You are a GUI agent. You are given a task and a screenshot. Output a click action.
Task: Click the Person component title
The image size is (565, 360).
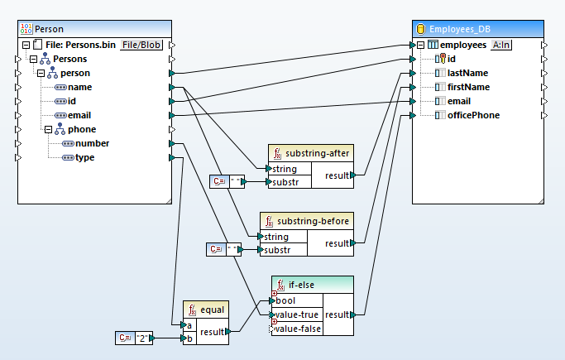point(50,29)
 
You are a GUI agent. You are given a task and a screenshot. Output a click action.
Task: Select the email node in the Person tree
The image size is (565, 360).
point(80,115)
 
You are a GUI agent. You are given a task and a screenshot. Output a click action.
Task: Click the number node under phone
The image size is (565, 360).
point(91,143)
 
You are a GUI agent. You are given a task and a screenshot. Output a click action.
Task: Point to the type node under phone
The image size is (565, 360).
point(84,157)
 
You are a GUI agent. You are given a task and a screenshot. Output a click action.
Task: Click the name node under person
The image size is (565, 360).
point(79,87)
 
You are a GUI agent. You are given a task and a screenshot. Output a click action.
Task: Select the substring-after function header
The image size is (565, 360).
point(318,153)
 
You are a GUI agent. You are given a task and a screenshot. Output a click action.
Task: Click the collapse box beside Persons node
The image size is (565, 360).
point(33,59)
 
